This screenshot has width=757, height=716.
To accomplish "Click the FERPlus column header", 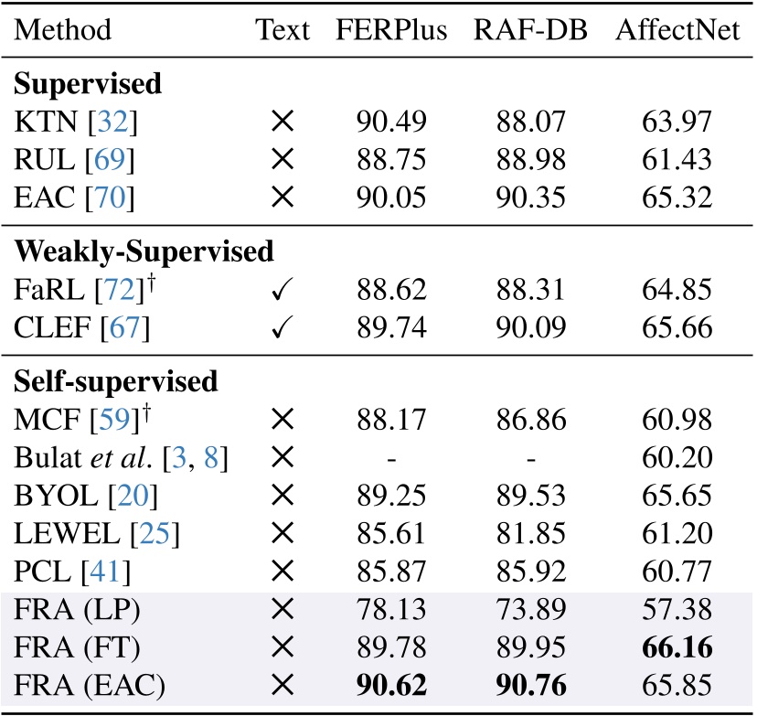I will point(391,30).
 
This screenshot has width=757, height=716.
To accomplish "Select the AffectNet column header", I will point(677,30).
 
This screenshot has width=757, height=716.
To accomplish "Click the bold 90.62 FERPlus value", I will point(391,685).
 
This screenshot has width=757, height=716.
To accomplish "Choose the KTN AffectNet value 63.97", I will point(677,119).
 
